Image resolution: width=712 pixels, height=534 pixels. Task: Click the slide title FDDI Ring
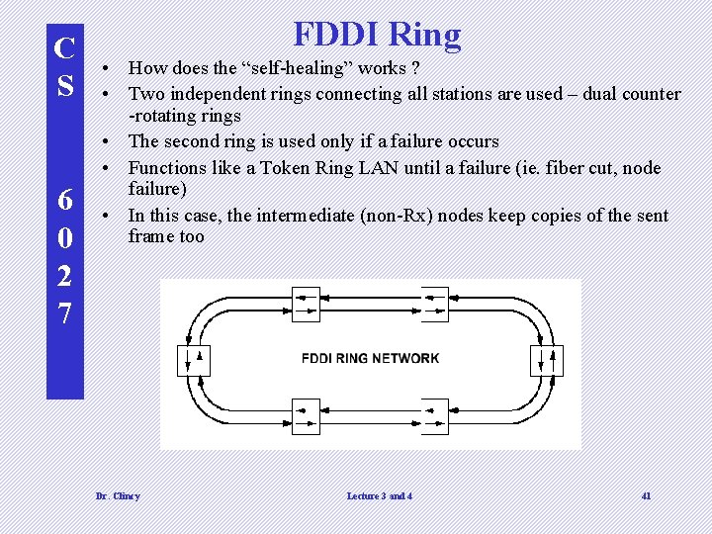tap(377, 35)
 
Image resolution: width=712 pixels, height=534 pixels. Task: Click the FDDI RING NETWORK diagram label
tap(370, 358)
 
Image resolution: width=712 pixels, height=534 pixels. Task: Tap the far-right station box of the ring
tap(548, 360)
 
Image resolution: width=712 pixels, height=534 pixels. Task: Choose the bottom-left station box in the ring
tap(306, 412)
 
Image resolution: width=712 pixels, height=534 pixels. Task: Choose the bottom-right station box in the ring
tap(435, 412)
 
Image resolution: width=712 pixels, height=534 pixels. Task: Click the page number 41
tap(646, 495)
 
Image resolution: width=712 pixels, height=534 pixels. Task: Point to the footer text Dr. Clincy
tap(118, 495)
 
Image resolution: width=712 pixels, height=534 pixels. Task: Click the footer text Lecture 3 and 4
tap(380, 495)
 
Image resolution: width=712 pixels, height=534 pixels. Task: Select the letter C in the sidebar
tap(64, 47)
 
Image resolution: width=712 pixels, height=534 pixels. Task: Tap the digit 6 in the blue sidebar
tap(64, 200)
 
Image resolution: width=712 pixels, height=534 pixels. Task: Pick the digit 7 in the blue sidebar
tap(64, 312)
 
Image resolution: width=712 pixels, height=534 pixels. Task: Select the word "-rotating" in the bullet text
tap(163, 117)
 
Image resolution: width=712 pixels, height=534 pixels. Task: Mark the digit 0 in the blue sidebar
tap(64, 238)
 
